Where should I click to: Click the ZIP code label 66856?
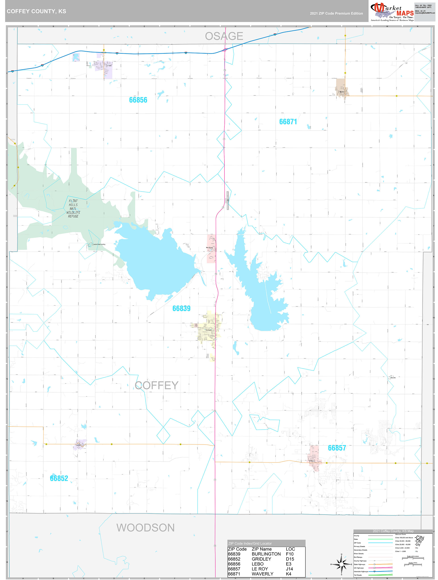pos(138,100)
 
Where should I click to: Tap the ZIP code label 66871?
pos(288,122)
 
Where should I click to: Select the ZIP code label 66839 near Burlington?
pos(181,308)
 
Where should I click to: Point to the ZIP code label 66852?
pos(59,478)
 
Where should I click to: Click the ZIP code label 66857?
pos(337,448)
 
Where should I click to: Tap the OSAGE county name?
pos(224,36)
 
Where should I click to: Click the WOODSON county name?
pos(145,528)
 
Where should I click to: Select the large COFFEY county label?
pos(157,385)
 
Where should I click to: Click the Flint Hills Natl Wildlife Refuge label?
pos(73,208)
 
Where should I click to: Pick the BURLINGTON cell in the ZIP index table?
pos(266,554)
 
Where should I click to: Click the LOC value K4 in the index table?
pos(288,574)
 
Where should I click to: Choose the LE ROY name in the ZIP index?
pos(260,569)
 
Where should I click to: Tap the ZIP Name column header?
pos(262,549)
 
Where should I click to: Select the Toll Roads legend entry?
pos(358,575)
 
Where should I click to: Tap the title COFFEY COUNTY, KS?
pos(36,11)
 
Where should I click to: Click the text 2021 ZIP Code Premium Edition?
pos(336,13)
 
